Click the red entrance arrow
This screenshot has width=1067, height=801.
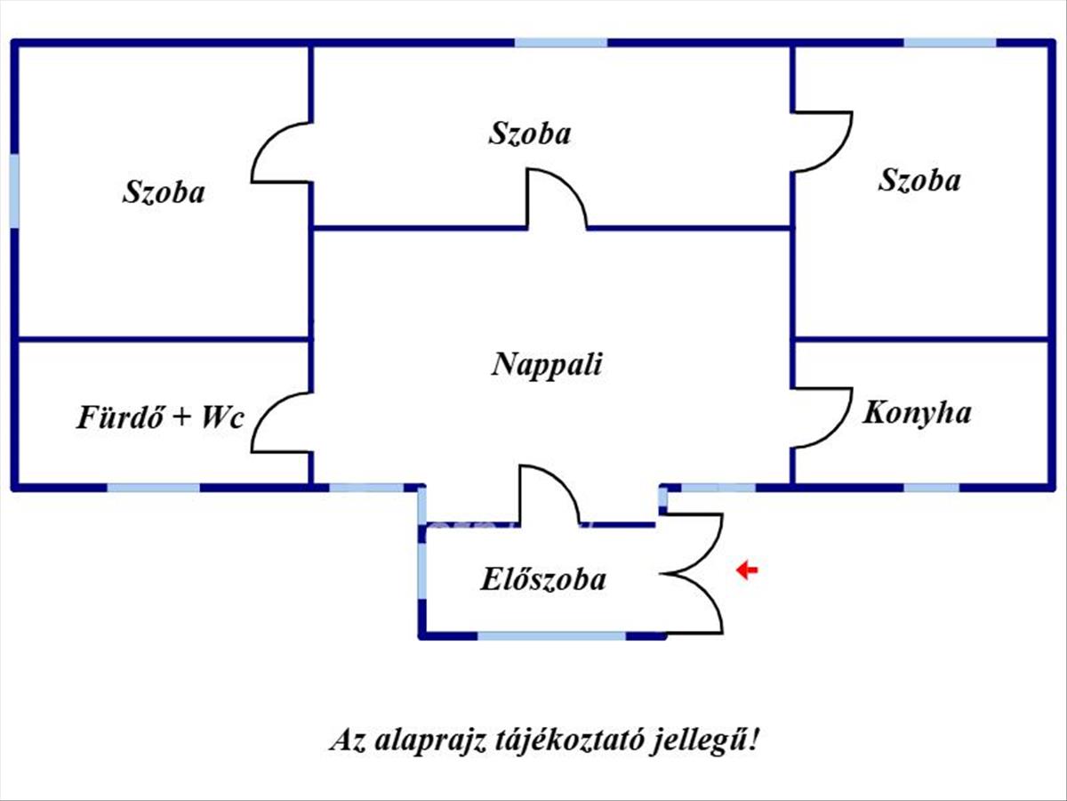click(747, 570)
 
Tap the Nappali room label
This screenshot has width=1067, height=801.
click(547, 364)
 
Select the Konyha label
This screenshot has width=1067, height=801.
click(917, 413)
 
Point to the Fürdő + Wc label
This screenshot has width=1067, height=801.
click(160, 417)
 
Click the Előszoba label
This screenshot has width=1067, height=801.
click(543, 578)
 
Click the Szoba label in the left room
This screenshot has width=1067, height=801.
click(164, 192)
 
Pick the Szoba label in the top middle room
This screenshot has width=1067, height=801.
click(530, 133)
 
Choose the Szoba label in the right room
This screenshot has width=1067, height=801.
click(919, 181)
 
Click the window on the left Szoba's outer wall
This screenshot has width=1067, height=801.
click(14, 190)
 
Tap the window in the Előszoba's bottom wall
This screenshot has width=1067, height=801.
click(551, 635)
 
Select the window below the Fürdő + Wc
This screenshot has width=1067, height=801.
click(153, 488)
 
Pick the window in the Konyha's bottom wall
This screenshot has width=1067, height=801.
click(932, 488)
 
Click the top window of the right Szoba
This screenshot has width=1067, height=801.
click(951, 43)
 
